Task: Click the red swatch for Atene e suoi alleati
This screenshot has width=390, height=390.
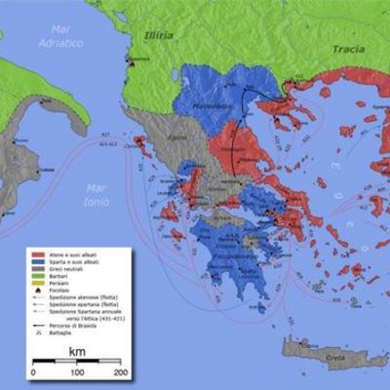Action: (36, 253)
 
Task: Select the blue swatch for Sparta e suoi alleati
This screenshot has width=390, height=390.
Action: (36, 261)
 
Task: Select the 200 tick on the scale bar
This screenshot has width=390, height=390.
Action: (121, 372)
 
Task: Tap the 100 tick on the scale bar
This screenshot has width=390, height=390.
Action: (77, 372)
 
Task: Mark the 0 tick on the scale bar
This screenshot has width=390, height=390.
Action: (34, 372)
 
